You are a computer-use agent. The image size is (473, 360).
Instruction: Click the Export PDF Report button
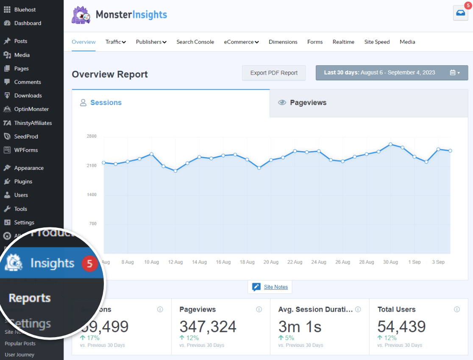(274, 73)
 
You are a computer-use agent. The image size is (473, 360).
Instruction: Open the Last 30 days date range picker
(392, 73)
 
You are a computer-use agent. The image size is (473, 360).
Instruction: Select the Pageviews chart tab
(308, 102)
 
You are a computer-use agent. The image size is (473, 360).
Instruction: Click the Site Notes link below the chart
(275, 287)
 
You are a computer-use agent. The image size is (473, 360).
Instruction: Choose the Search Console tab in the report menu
(195, 42)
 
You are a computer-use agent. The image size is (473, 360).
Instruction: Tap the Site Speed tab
(377, 42)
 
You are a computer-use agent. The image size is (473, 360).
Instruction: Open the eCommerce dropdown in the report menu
(241, 42)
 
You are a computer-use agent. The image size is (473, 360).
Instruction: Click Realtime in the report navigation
(343, 42)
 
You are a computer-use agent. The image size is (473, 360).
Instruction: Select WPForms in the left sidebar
(26, 150)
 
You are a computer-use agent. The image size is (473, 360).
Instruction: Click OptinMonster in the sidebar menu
(31, 109)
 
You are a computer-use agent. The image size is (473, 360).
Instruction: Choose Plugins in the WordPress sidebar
(23, 181)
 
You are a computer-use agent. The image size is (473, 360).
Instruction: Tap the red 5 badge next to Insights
(89, 264)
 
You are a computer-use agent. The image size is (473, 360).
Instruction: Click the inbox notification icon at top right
(460, 13)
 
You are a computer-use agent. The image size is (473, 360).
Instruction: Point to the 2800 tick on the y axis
(92, 136)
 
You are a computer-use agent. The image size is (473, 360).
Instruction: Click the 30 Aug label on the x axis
(390, 262)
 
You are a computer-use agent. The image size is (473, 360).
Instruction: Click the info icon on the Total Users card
(457, 310)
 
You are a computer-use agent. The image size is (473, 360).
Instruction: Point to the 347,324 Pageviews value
(208, 327)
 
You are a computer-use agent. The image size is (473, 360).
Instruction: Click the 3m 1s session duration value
(300, 327)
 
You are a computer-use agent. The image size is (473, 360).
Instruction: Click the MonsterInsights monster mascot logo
(81, 15)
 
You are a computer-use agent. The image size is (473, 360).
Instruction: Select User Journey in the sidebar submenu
(19, 354)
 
